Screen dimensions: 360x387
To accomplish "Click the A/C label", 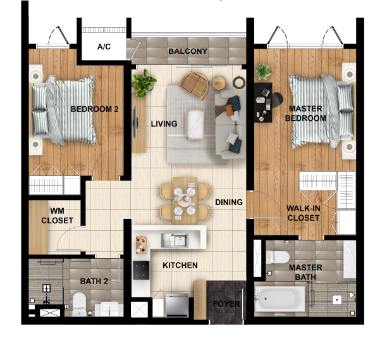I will pyautogui.click(x=104, y=47).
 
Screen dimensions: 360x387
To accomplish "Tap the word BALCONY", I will pyautogui.click(x=188, y=51).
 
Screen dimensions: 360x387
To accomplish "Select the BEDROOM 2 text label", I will pyautogui.click(x=95, y=109).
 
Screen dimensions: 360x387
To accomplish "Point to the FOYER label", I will pyautogui.click(x=226, y=304).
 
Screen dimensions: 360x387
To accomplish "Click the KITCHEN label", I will pyautogui.click(x=180, y=265).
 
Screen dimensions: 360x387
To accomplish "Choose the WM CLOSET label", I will pyautogui.click(x=57, y=216).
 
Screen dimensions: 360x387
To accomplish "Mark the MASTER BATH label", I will pyautogui.click(x=305, y=272).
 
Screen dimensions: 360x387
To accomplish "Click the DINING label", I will pyautogui.click(x=228, y=202).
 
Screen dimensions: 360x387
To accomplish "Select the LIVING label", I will pyautogui.click(x=164, y=124).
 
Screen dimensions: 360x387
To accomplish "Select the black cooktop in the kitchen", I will pyautogui.click(x=141, y=271).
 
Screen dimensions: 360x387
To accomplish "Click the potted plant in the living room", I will pyautogui.click(x=144, y=81).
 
